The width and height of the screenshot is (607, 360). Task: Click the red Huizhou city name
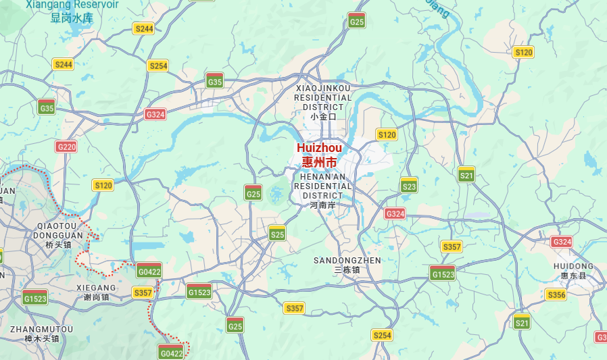coord(319,148)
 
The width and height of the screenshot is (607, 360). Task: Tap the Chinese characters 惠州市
coord(319,162)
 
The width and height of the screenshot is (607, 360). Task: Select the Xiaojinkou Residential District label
coord(323,97)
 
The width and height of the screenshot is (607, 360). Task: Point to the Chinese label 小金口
coord(323,116)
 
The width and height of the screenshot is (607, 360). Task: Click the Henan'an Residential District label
coord(322,186)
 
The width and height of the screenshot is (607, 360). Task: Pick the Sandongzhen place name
coord(347,260)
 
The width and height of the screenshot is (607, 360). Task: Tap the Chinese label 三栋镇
coord(347,270)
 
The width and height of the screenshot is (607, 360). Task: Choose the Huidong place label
coord(573,265)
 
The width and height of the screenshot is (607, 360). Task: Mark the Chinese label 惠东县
coord(573,276)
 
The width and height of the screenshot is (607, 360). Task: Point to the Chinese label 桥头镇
coord(60,245)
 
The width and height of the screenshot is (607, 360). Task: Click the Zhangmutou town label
coord(41,329)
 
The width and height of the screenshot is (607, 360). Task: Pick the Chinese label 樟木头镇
coord(41,338)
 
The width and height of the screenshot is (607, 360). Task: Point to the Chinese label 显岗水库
coord(72,18)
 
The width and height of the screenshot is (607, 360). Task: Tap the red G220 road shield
coord(67,147)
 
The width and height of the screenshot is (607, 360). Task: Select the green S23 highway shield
coord(409,185)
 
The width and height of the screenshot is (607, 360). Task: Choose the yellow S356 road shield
coord(556,294)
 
